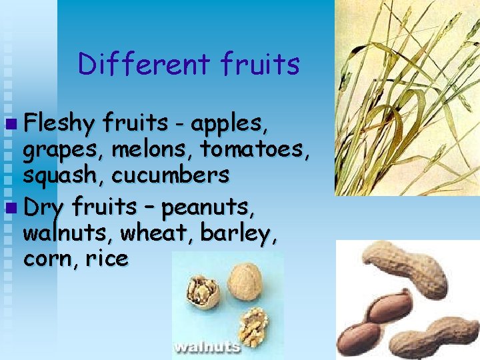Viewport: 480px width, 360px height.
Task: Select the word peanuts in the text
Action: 208,208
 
